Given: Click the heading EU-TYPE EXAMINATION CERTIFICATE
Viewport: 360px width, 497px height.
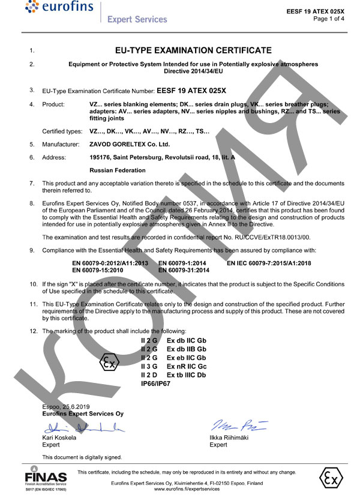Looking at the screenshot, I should (x=193, y=50).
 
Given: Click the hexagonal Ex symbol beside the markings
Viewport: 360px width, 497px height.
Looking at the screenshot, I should (x=108, y=364).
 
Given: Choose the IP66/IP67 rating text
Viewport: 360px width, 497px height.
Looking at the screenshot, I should (x=155, y=382).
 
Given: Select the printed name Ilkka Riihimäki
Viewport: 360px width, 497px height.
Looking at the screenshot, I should (x=230, y=438).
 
